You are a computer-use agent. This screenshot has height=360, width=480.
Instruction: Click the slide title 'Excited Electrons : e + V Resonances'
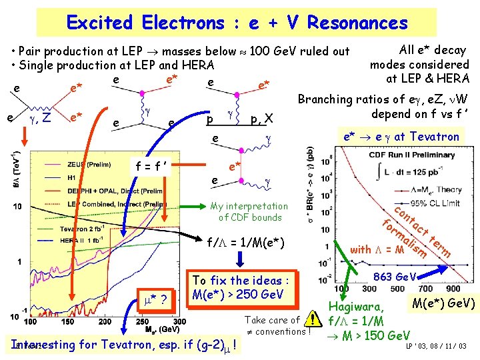[x=237, y=23]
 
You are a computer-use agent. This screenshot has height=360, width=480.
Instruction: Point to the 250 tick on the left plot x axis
[x=168, y=322]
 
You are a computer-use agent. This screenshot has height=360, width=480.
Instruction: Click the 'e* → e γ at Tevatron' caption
[x=401, y=137]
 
